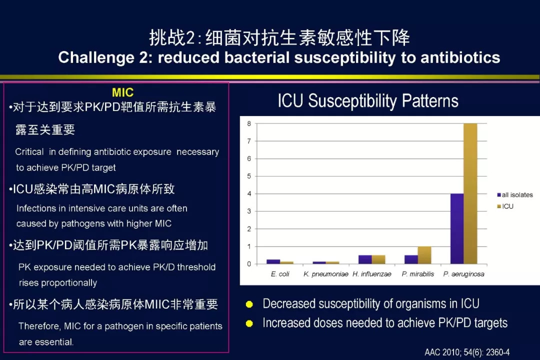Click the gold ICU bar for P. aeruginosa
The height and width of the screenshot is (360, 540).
pos(470,193)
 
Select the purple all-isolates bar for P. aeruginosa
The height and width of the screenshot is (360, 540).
pos(457,228)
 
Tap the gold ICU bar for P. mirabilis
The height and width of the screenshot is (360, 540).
pos(424,255)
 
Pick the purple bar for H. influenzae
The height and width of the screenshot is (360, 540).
pos(365,260)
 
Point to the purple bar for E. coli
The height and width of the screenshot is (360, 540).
pos(273,262)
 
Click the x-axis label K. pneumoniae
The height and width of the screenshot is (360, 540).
pos(326,274)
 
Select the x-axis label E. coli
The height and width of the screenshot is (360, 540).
pos(280,274)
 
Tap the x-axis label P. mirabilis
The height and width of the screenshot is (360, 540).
pos(417,274)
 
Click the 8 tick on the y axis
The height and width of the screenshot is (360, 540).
pos(249,123)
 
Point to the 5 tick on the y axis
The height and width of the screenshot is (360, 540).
pos(249,176)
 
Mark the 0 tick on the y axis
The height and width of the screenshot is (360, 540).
pos(249,264)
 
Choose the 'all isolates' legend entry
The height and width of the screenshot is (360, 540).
pos(515,195)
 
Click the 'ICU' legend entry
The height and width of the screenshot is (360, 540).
pos(505,206)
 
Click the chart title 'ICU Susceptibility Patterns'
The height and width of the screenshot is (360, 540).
pos(368,101)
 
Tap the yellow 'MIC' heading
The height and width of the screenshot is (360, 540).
pos(122,92)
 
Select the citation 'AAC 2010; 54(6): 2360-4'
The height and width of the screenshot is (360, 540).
pos(467,352)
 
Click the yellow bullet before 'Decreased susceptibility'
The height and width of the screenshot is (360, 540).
pos(249,304)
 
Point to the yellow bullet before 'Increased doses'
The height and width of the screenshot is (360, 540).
pos(249,323)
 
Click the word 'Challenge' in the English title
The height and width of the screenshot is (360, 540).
pos(96,57)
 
